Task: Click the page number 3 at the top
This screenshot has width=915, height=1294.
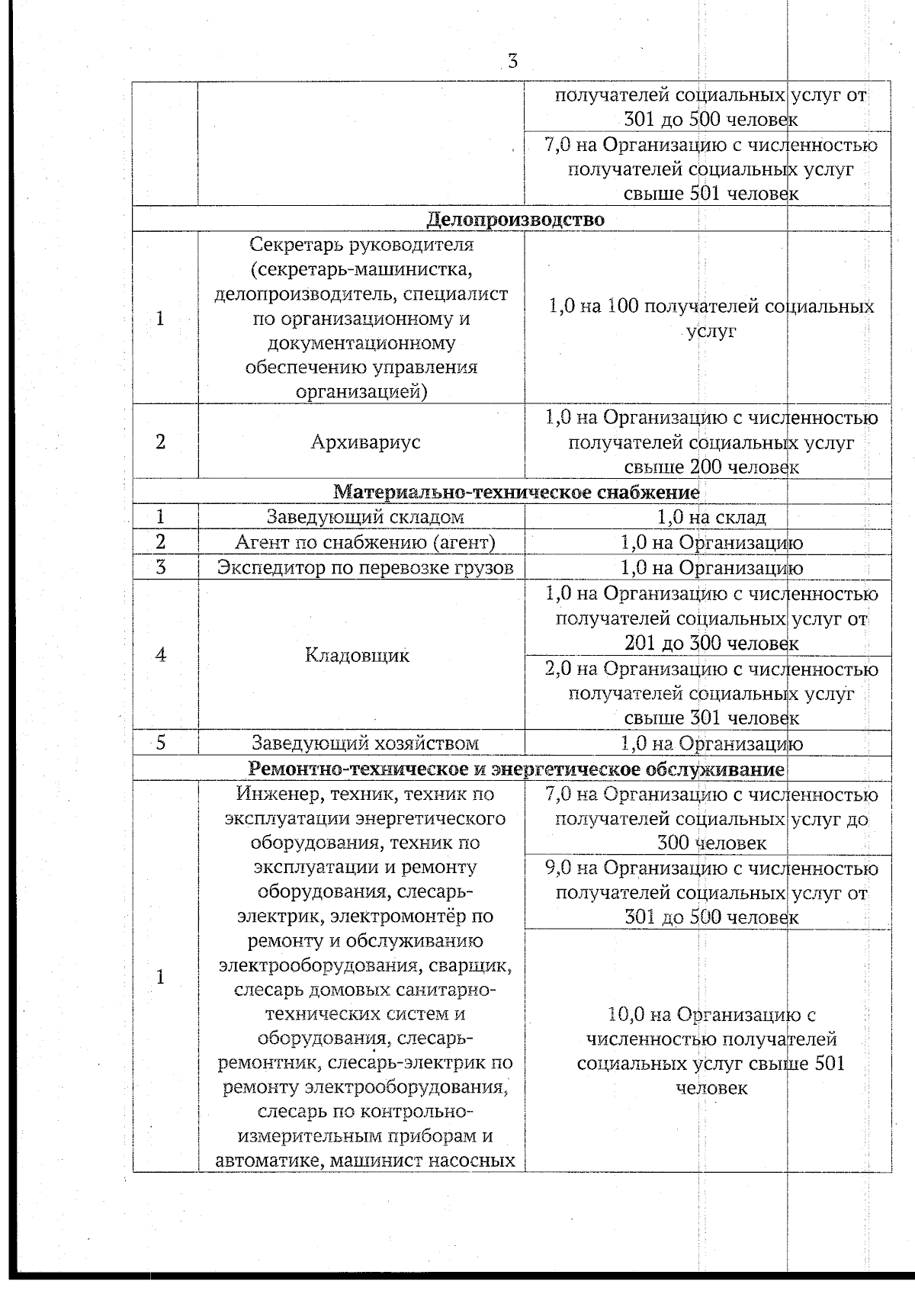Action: [512, 61]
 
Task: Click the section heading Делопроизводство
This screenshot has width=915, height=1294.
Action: [515, 220]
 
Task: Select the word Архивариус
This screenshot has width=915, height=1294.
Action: [365, 442]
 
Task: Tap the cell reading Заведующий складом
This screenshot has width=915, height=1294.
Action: [365, 517]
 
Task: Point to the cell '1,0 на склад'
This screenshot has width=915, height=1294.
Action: [711, 517]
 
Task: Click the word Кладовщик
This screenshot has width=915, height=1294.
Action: [357, 655]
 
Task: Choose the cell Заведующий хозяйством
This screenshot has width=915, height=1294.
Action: [365, 743]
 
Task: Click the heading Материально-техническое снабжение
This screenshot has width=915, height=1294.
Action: [516, 492]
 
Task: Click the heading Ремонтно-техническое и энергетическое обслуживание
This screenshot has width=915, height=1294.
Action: [517, 769]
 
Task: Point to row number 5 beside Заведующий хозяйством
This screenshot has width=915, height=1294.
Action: [161, 743]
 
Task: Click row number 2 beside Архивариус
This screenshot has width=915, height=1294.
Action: [161, 442]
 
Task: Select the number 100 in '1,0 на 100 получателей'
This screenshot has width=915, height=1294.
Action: [622, 307]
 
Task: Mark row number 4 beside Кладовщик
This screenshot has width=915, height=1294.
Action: [161, 655]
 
